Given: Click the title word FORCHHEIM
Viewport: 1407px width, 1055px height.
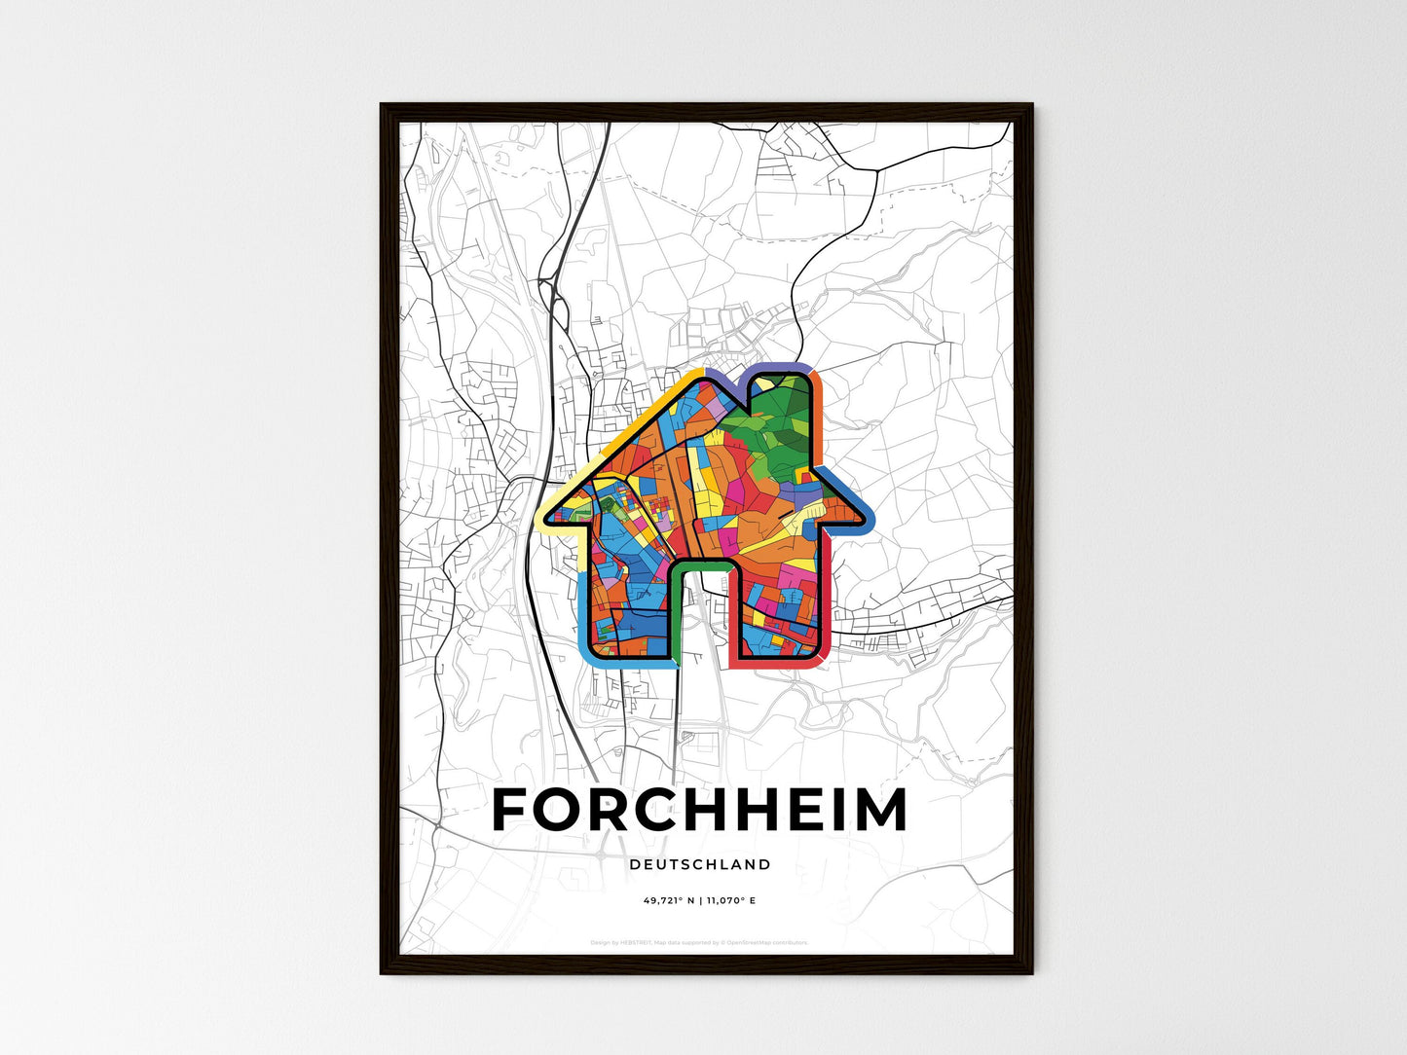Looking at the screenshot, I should (x=700, y=810).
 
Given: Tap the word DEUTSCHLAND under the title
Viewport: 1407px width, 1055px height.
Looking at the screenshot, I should (x=700, y=864).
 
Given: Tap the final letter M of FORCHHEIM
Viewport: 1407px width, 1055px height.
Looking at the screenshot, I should (x=881, y=810).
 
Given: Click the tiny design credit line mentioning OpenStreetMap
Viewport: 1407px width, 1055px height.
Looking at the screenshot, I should (x=700, y=942).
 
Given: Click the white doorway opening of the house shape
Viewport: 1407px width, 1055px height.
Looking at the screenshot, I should (x=701, y=623).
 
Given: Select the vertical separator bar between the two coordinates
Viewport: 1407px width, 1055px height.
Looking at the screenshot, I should (x=700, y=900).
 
